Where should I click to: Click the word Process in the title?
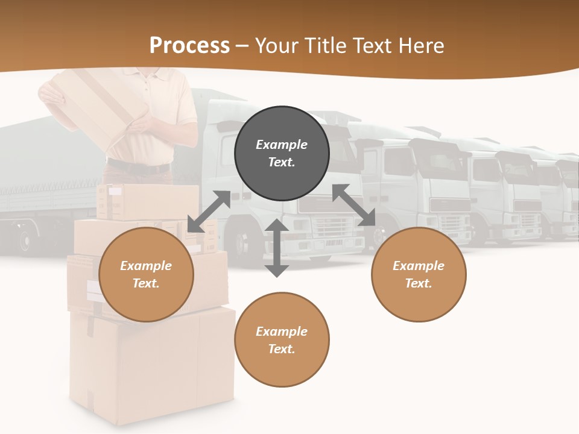pyautogui.click(x=189, y=45)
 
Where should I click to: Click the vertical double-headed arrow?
pyautogui.click(x=277, y=248)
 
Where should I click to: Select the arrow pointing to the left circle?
pyautogui.click(x=209, y=212)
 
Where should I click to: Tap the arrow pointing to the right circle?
pyautogui.click(x=354, y=205)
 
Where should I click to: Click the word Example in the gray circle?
pyautogui.click(x=282, y=145)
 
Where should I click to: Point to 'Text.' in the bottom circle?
pyautogui.click(x=282, y=349)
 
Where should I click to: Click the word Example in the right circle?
pyautogui.click(x=419, y=266)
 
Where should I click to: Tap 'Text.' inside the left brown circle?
pyautogui.click(x=146, y=283)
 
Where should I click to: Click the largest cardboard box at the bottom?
pyautogui.click(x=151, y=368)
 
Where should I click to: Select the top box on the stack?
pyautogui.click(x=148, y=200)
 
